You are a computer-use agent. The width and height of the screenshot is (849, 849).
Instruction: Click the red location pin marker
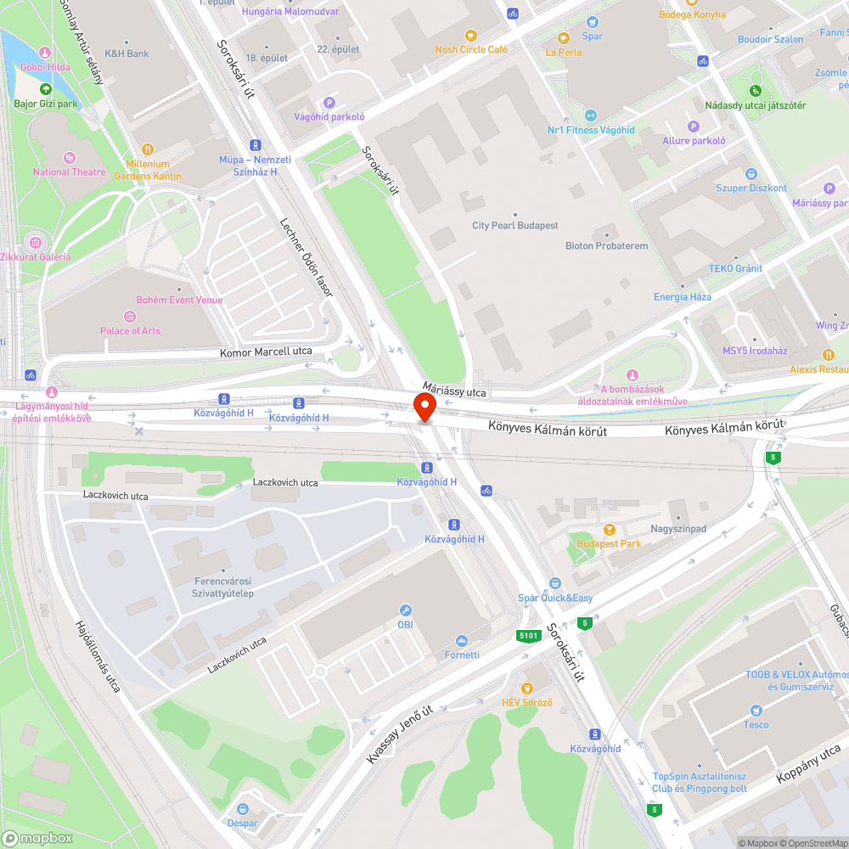tap(424, 407)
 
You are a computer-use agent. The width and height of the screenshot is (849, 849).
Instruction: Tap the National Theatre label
tap(70, 172)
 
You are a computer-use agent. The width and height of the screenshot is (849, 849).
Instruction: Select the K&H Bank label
tap(127, 53)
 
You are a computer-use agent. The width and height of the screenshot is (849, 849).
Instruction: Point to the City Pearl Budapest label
tap(515, 226)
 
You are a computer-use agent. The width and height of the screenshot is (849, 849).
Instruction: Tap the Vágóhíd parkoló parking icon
tap(329, 103)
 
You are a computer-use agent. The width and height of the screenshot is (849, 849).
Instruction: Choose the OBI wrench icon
tap(406, 610)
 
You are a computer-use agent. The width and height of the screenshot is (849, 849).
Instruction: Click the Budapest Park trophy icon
tap(609, 530)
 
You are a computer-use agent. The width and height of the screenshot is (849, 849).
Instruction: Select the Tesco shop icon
tap(756, 710)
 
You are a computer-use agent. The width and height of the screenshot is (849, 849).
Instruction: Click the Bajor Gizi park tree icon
tap(45, 89)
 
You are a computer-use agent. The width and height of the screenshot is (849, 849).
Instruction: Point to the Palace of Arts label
tap(130, 331)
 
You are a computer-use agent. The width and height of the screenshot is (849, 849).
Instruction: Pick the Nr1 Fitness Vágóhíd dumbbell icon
tap(591, 115)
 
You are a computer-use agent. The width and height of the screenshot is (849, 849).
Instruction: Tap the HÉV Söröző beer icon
tap(526, 688)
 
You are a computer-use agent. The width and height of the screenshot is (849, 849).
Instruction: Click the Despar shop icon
tap(243, 808)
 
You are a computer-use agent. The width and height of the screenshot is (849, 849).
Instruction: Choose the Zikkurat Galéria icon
tap(36, 242)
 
